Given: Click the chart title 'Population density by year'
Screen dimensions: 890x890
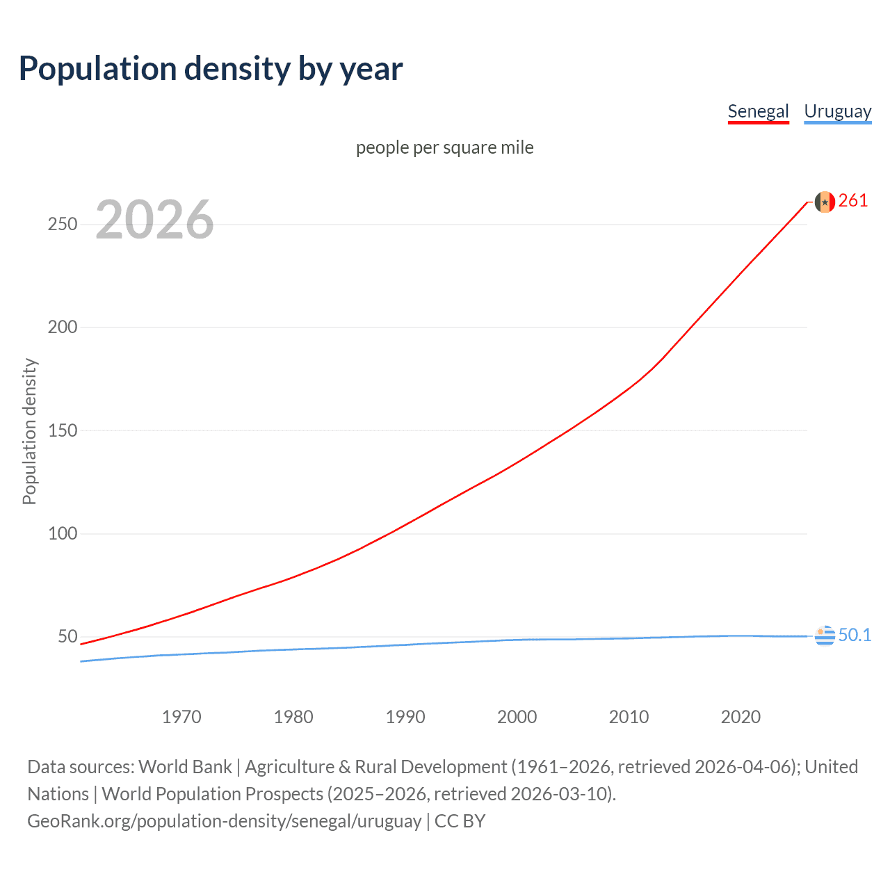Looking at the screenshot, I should [211, 69].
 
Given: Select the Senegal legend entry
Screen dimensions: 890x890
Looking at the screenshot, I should [758, 111].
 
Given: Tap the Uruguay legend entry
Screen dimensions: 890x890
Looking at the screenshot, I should [837, 111].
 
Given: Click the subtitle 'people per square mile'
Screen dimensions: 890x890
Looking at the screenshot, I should [445, 147].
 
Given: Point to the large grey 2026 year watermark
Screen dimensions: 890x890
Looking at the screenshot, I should [154, 220].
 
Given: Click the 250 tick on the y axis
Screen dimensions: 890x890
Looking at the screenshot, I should [63, 224].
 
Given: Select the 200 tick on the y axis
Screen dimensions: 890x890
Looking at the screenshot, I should [63, 327].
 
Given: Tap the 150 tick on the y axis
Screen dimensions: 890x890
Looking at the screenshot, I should [63, 430].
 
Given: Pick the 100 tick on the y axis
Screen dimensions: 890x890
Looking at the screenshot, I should [63, 533].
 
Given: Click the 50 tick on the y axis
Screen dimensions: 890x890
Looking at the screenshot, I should [67, 636].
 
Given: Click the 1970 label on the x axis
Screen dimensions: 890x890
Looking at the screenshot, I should [181, 717].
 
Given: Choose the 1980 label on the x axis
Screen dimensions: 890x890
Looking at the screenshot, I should [293, 717].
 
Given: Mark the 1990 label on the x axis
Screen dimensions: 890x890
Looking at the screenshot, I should [405, 717].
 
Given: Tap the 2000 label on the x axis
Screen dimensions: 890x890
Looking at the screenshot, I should [517, 717].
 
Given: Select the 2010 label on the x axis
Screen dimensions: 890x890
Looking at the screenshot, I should [629, 717].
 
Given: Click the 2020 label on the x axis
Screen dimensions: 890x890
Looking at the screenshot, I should [741, 717].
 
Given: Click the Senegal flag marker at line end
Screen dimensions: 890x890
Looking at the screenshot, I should [825, 202].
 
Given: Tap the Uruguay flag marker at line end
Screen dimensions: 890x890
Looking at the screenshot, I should [825, 636].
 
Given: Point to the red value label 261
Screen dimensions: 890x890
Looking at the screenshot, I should [853, 201].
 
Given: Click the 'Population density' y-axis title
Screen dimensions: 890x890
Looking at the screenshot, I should [29, 431].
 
